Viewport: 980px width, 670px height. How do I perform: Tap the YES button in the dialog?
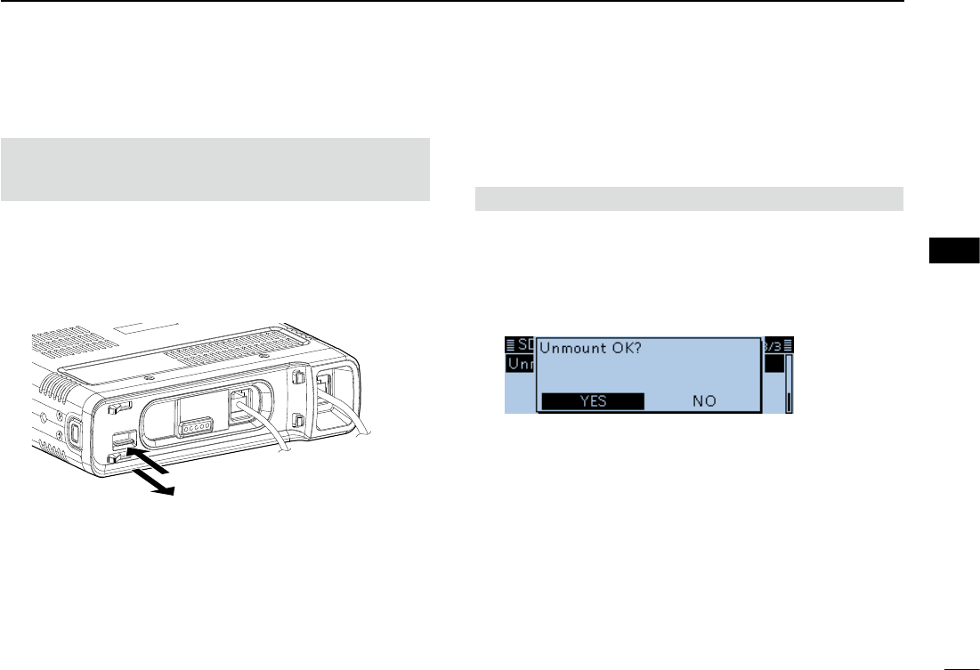click(593, 401)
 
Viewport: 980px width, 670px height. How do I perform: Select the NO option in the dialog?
click(704, 401)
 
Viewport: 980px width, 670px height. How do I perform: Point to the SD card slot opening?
click(124, 440)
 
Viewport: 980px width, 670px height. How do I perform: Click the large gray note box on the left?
click(215, 169)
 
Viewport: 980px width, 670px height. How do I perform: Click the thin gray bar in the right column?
click(689, 198)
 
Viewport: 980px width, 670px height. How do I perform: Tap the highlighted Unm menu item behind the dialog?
click(519, 366)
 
